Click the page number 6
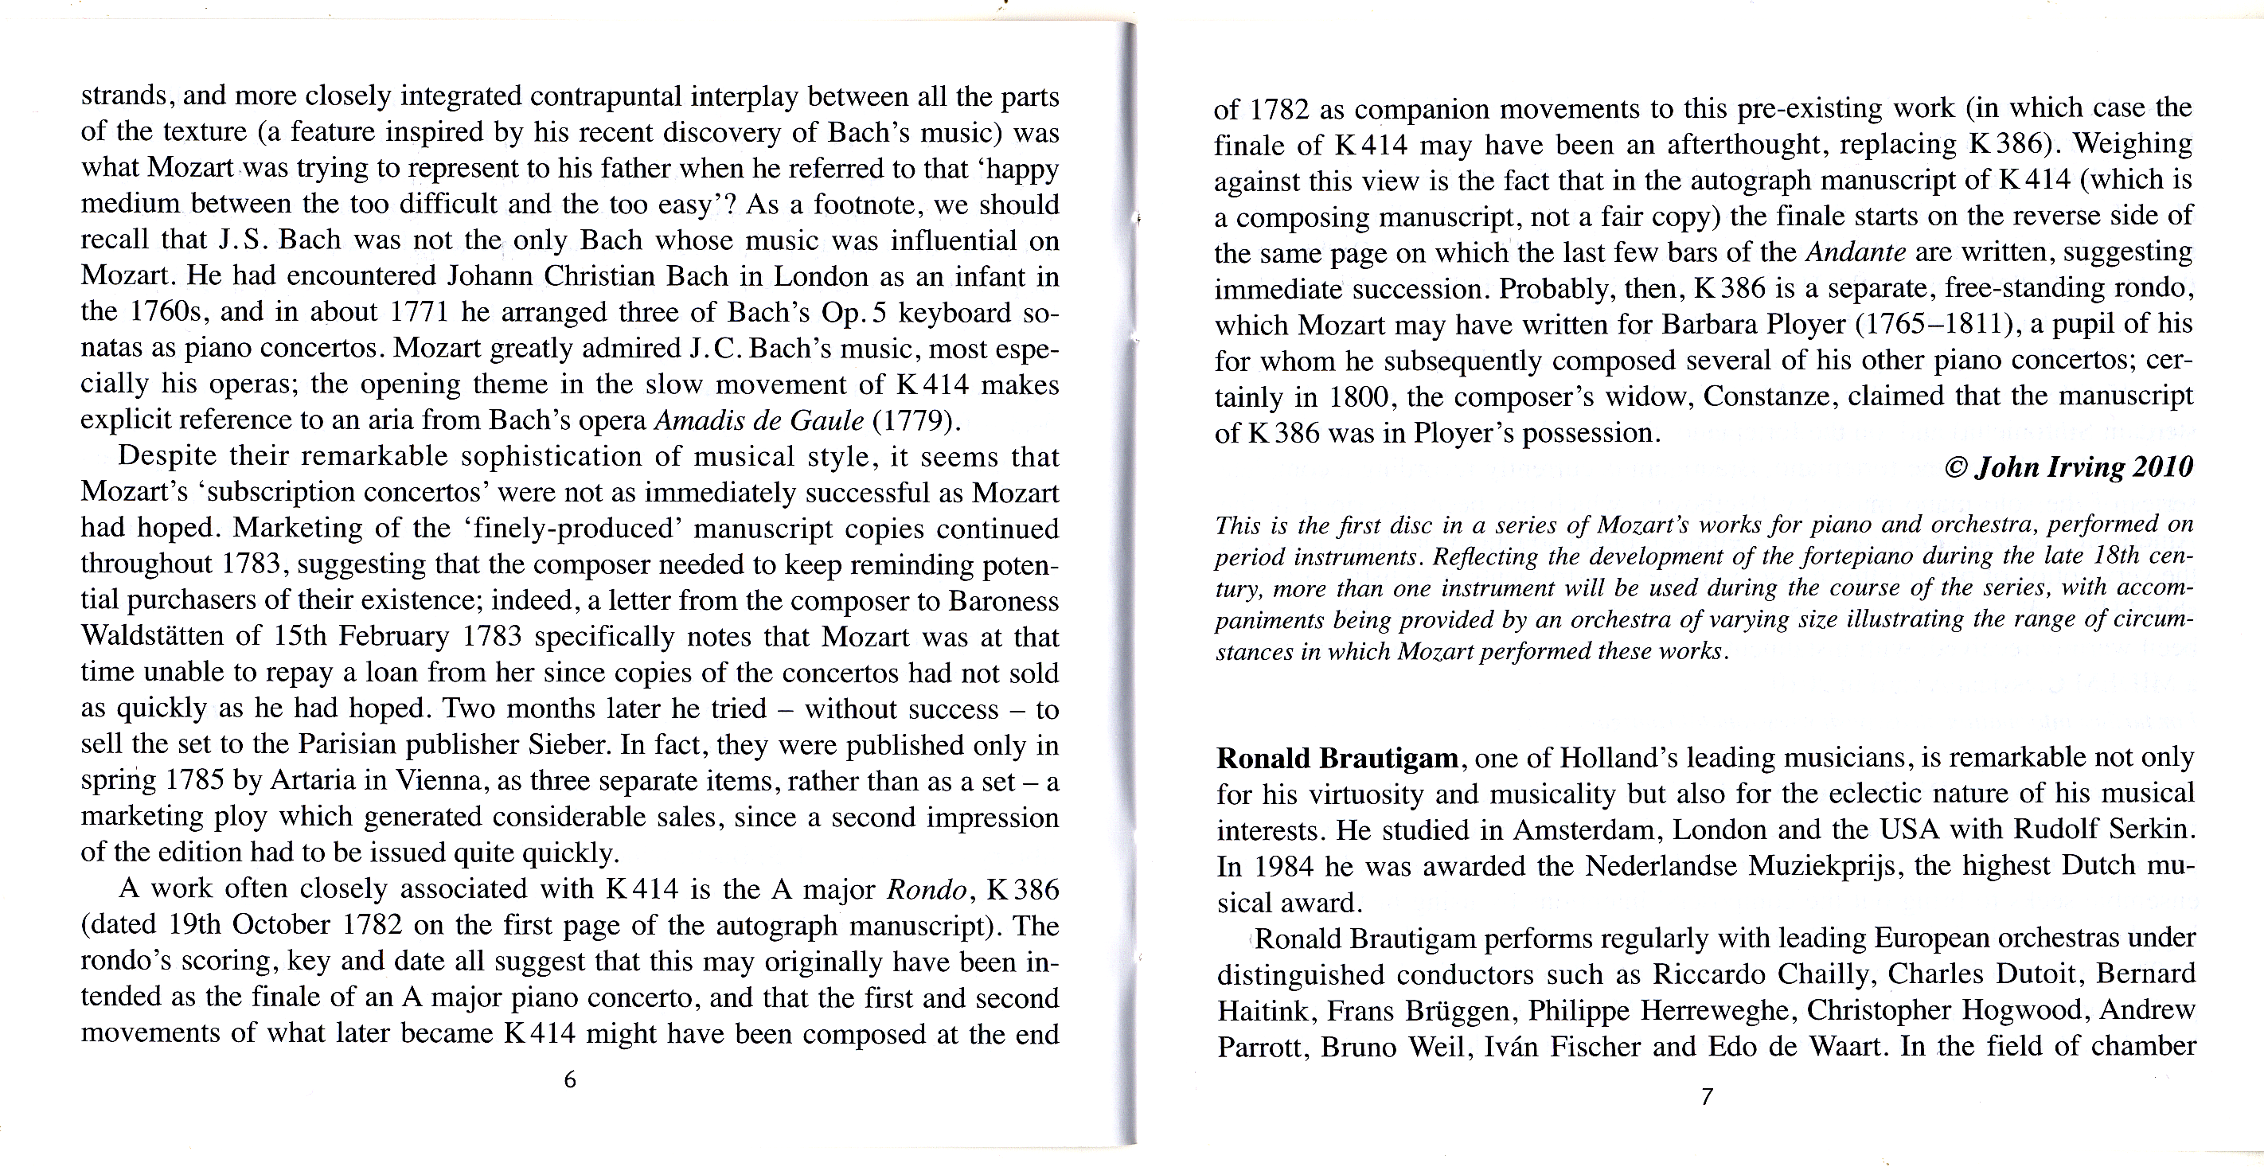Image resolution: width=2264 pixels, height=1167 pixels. pos(569,1080)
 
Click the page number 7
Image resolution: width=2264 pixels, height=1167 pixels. pos(1707,1097)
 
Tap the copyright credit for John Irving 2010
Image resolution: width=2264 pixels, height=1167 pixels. pos(2069,466)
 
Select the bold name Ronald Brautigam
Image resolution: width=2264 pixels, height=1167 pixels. pos(1337,758)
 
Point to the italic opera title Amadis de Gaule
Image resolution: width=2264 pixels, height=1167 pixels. pos(759,421)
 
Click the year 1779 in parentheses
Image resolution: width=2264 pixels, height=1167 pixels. pos(912,421)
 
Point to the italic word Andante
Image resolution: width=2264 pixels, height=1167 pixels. pos(1856,252)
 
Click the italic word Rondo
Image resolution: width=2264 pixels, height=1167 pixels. pos(927,889)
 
